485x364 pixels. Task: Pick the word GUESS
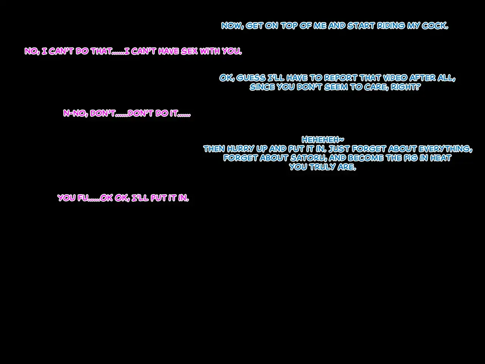coord(251,78)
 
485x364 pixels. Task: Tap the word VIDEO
coord(395,78)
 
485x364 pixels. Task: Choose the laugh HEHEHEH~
coord(323,140)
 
